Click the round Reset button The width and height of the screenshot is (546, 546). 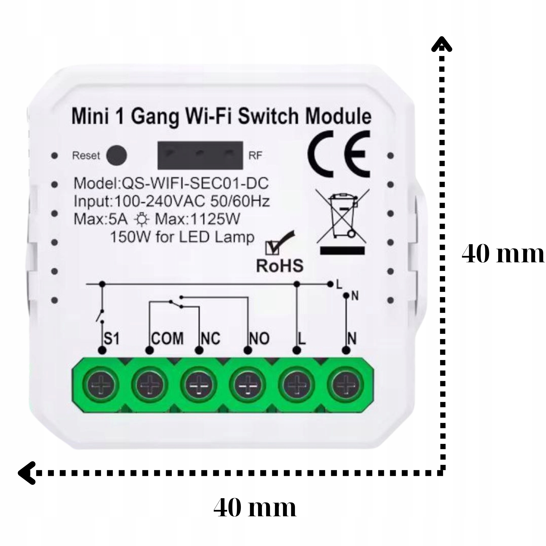(x=117, y=155)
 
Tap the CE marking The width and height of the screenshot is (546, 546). (x=339, y=155)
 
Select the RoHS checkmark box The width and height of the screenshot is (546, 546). (x=272, y=248)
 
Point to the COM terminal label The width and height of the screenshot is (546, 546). (x=167, y=338)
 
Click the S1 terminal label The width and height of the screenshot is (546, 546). (x=112, y=338)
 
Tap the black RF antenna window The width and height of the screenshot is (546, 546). (x=200, y=155)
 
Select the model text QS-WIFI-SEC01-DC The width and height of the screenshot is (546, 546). (x=195, y=184)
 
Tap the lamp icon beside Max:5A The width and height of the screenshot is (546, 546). (x=141, y=219)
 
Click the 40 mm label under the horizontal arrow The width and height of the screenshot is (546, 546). (x=255, y=508)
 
